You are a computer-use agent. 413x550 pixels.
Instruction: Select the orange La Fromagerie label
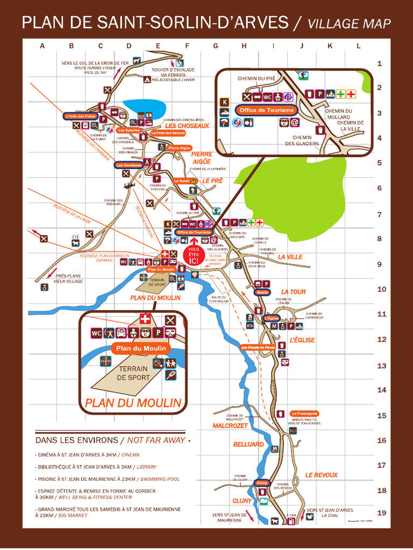click(305, 414)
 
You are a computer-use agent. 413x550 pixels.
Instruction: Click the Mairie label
click(262, 293)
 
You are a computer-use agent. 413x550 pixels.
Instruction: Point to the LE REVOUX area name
click(322, 475)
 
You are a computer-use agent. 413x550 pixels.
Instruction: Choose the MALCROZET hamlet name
click(230, 425)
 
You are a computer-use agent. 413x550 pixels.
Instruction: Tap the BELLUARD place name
click(248, 445)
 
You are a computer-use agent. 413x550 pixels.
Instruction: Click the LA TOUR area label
click(293, 292)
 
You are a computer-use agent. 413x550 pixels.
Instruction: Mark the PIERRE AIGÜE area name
click(201, 157)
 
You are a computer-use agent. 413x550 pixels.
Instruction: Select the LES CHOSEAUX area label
click(187, 126)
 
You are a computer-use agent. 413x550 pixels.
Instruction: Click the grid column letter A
click(42, 46)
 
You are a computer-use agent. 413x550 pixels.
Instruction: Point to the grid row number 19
click(381, 513)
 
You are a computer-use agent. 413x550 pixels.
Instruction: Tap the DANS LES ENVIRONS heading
click(76, 440)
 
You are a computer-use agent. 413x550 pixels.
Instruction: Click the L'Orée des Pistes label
click(80, 116)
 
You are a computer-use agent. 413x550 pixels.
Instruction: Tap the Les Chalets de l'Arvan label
click(258, 347)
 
